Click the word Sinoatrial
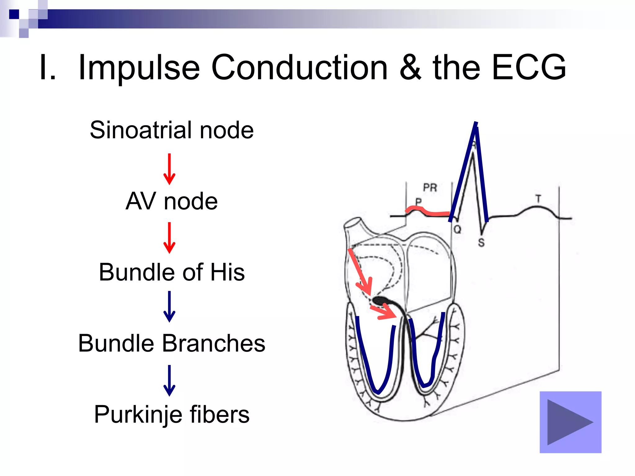click(141, 130)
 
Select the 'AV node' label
click(171, 201)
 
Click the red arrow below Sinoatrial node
click(169, 169)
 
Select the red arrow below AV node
click(169, 238)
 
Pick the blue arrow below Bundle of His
click(169, 306)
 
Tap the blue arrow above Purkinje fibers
click(169, 381)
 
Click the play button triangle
click(568, 422)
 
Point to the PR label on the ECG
click(430, 187)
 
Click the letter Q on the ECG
click(457, 230)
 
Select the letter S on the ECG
click(481, 243)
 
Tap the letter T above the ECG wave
click(538, 199)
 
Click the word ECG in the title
click(529, 67)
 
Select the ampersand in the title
click(410, 67)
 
